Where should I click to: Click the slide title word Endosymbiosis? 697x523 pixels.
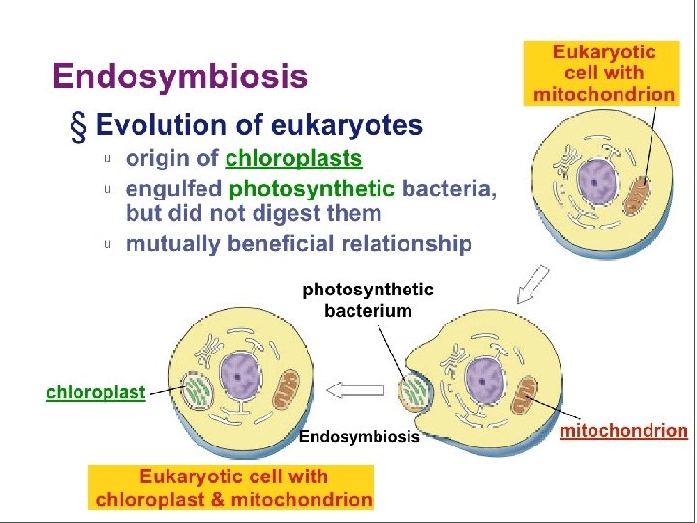tap(180, 77)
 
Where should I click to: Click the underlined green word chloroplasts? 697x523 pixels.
tap(293, 158)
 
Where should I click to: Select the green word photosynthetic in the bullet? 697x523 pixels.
tap(313, 188)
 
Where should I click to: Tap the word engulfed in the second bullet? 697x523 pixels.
tap(173, 188)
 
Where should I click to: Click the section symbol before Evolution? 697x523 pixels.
tap(76, 127)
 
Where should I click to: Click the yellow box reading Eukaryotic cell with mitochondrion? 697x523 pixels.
tap(603, 73)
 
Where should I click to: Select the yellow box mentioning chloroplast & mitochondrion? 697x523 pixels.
tap(230, 488)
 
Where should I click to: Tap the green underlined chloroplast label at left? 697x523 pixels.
tap(96, 392)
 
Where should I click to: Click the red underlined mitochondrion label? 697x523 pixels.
tap(624, 431)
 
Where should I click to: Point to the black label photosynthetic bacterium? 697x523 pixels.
tap(368, 300)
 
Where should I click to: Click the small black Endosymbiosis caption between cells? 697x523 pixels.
tap(359, 437)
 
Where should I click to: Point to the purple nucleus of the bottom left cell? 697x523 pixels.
tap(238, 373)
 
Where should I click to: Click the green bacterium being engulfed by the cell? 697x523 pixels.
tap(415, 392)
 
